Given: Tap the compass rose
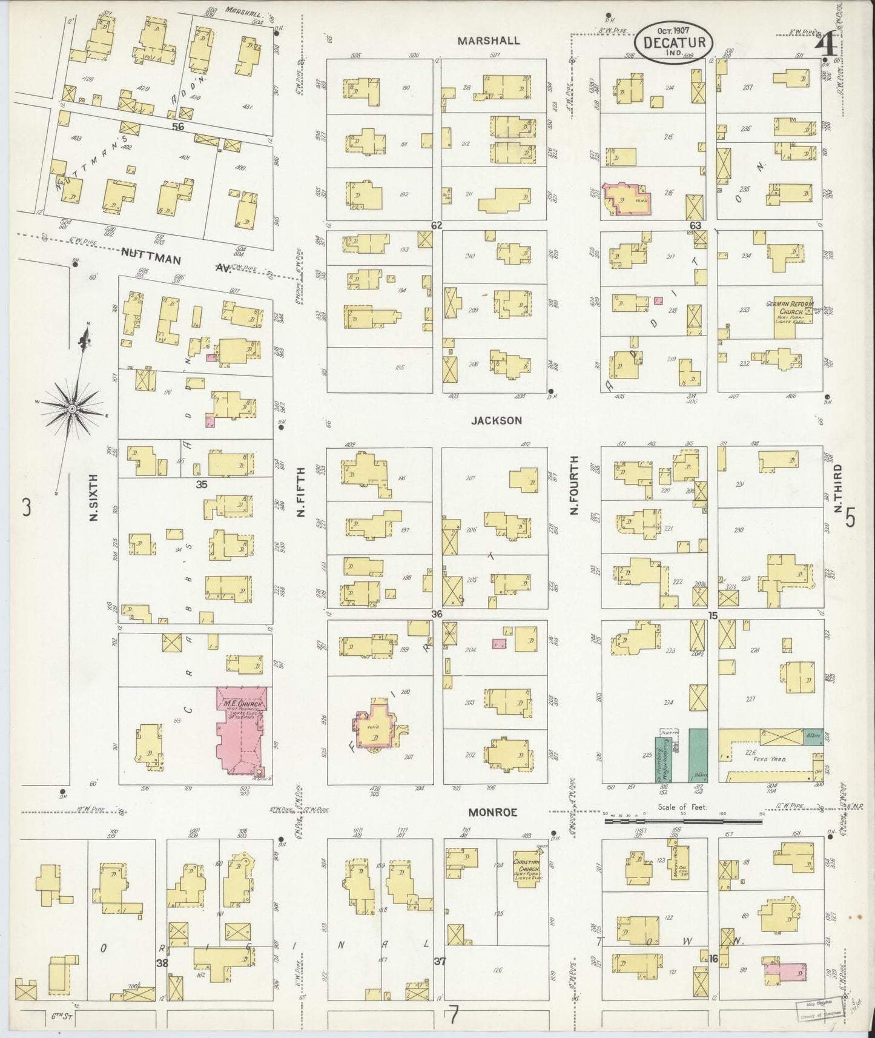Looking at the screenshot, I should [x=72, y=409].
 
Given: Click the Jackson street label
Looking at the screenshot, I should [x=498, y=420].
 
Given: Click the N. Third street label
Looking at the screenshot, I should [x=838, y=488].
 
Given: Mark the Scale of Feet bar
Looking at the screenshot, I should [x=683, y=821].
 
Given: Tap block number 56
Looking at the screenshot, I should [x=177, y=127].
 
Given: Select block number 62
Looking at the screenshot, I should [x=437, y=225].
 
